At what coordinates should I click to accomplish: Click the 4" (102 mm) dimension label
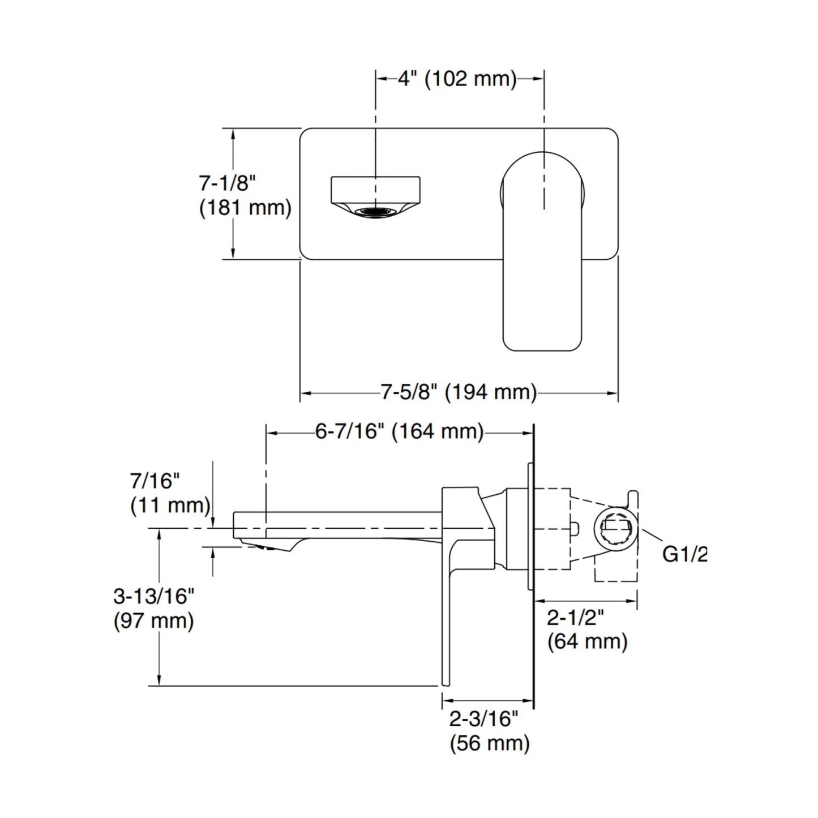tap(457, 79)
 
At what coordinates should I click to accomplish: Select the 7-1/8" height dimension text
tap(228, 183)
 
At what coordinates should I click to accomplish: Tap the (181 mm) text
tap(245, 208)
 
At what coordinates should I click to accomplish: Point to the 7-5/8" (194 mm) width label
tap(459, 392)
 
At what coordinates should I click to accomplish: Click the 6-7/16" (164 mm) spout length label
tap(400, 432)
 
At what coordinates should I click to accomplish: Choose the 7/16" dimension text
tap(155, 481)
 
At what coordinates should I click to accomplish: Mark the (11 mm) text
tap(170, 505)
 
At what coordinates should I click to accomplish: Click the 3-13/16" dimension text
tap(154, 596)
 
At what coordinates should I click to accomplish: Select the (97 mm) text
tap(154, 621)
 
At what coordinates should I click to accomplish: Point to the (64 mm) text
tap(588, 642)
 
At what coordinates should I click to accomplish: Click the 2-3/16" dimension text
tap(484, 719)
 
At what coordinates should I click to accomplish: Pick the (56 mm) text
tap(490, 743)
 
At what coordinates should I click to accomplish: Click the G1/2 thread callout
tap(684, 554)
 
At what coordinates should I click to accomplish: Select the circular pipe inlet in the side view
tap(616, 529)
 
